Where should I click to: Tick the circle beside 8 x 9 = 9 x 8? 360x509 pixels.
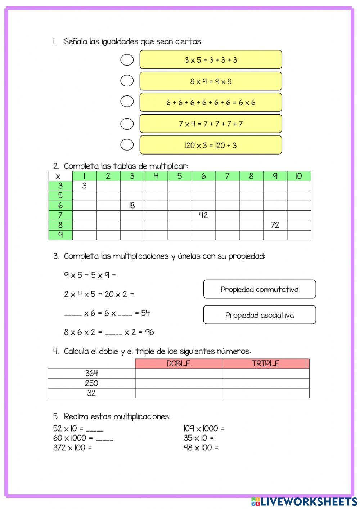127,81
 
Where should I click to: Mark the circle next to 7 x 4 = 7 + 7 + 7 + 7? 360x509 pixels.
127,124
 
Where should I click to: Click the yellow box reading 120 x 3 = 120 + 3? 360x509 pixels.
211,145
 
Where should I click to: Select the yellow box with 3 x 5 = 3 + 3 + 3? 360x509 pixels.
211,60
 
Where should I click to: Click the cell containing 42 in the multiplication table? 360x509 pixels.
203,215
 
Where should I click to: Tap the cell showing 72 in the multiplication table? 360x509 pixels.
275,225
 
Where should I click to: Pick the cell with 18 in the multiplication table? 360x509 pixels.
132,206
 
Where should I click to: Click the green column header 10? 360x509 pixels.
299,176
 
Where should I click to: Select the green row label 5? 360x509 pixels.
60,196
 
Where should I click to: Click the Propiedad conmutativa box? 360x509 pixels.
259,289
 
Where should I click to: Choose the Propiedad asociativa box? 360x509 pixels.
259,315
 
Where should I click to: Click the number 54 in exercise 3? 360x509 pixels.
145,313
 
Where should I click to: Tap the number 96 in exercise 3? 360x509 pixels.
149,332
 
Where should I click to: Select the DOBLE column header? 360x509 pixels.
179,363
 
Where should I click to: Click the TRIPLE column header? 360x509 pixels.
265,363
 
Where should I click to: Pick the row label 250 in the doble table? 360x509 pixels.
91,383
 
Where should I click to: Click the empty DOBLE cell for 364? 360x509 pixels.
179,374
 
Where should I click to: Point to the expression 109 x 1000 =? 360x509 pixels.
204,429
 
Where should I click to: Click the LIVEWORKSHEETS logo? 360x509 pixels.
304,501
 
